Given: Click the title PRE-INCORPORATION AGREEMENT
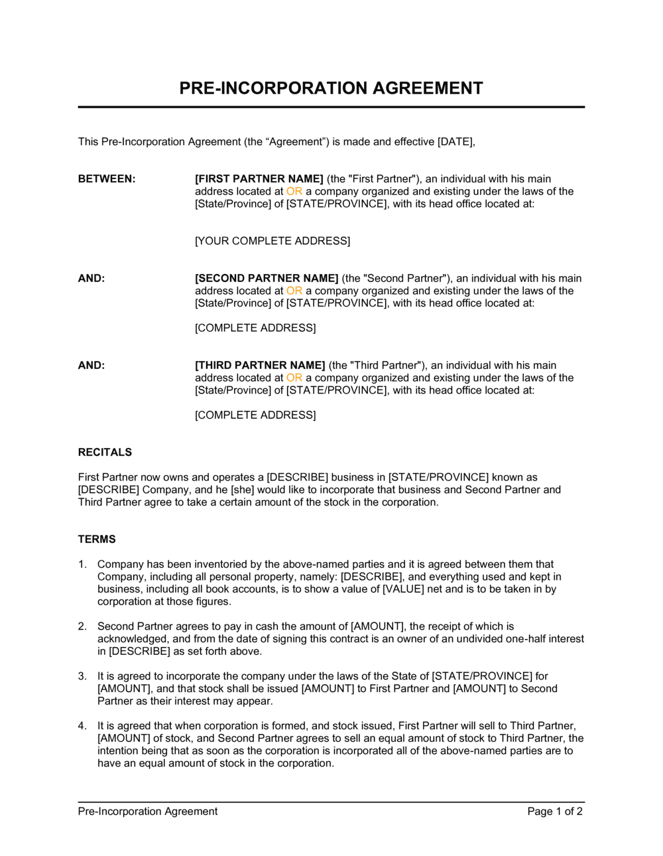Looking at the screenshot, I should pos(331,88).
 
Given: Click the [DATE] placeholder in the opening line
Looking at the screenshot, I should pos(455,141).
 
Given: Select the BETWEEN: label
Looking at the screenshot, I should pos(107,179).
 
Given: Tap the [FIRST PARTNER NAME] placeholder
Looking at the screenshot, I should pos(259,179).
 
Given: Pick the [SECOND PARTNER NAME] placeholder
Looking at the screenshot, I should pos(267,279).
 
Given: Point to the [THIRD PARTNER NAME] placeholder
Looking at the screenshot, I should pos(260,366).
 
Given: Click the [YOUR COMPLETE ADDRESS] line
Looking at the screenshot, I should pos(272,241).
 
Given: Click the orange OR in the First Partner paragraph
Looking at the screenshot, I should pos(294,192).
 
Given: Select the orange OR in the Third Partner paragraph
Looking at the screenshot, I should pos(294,378).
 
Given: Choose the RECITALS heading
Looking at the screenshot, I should pos(105,453).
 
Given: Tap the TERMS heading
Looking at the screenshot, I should pos(97,539).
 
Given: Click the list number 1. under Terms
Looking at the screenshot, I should pos(82,565).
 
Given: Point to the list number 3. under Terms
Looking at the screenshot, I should pos(82,676).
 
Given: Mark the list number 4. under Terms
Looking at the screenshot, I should pos(82,726).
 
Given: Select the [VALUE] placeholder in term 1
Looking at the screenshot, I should pos(404,589).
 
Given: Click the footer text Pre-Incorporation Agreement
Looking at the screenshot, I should pos(148,812).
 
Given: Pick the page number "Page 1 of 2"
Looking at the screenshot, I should pos(555,812).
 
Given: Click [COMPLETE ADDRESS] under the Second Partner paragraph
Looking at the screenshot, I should pos(255,328).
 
